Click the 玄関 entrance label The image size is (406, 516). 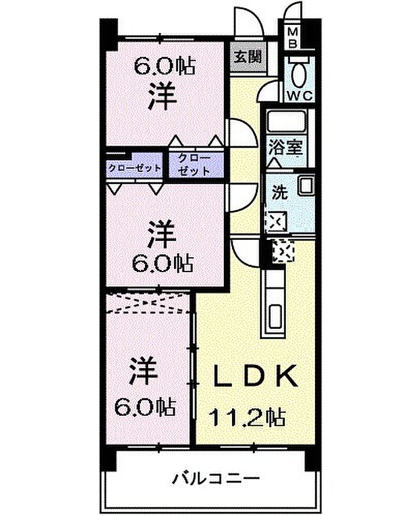pyautogui.click(x=248, y=57)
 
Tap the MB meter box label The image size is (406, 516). pyautogui.click(x=293, y=37)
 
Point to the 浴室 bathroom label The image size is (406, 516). pyautogui.click(x=285, y=147)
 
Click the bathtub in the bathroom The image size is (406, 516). pyautogui.click(x=286, y=122)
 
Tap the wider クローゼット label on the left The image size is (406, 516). pyautogui.click(x=135, y=168)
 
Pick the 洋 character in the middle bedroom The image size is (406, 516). pyautogui.click(x=162, y=234)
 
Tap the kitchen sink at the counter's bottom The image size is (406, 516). pyautogui.click(x=274, y=317)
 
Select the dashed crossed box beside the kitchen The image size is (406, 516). pyautogui.click(x=284, y=251)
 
